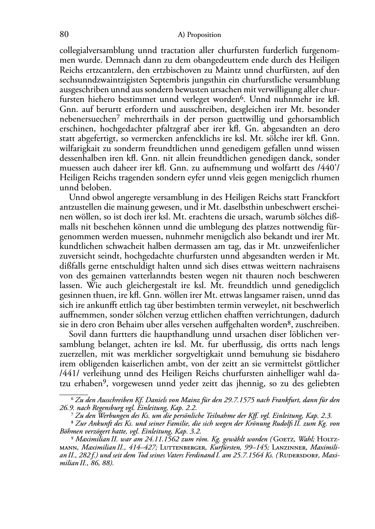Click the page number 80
pyautogui.click(x=64, y=34)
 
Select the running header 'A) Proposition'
pyautogui.click(x=199, y=35)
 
